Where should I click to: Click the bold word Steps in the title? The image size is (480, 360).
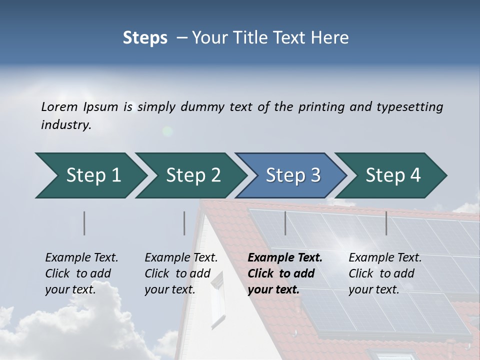tap(145, 38)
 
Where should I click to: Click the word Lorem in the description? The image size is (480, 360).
tap(59, 107)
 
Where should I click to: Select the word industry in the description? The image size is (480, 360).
tap(65, 125)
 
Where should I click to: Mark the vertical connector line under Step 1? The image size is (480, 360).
tap(84, 223)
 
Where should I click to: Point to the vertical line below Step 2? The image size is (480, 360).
tap(184, 223)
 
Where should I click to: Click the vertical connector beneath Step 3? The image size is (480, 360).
tap(285, 223)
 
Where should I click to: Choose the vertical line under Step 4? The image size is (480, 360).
tap(386, 223)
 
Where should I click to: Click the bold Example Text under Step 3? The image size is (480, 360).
tap(285, 258)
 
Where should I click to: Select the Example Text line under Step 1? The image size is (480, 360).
tap(81, 258)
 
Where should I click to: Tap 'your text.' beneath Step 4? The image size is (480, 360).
tap(373, 290)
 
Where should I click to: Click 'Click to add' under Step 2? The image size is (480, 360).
tap(177, 274)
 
